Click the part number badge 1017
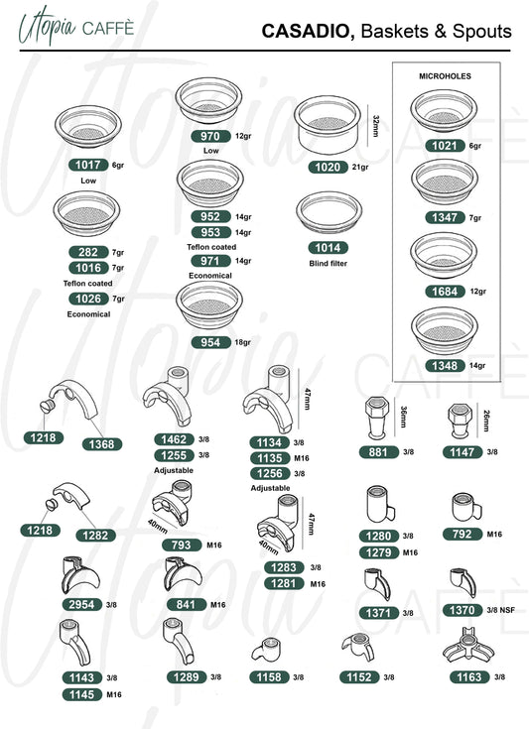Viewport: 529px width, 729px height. (x=88, y=165)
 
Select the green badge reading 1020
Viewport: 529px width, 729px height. (x=328, y=167)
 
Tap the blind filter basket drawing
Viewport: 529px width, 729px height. (x=329, y=212)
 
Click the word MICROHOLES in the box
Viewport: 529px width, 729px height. (x=445, y=76)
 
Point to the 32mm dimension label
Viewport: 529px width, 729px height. (x=376, y=126)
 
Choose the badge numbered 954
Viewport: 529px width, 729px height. (x=210, y=342)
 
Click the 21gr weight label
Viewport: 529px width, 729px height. (x=360, y=167)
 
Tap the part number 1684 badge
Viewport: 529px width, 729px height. (x=446, y=292)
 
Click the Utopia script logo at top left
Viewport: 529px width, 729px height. (x=47, y=27)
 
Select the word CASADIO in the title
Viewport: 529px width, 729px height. (x=306, y=31)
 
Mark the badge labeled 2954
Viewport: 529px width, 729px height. (x=82, y=604)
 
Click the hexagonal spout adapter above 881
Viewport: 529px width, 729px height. (x=376, y=418)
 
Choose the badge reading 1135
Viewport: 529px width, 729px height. (x=270, y=458)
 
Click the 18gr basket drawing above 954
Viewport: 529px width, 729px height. (x=209, y=305)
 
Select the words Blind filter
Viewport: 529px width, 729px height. (x=328, y=263)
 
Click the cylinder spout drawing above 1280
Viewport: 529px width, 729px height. (x=380, y=505)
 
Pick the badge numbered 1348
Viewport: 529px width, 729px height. (x=446, y=366)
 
